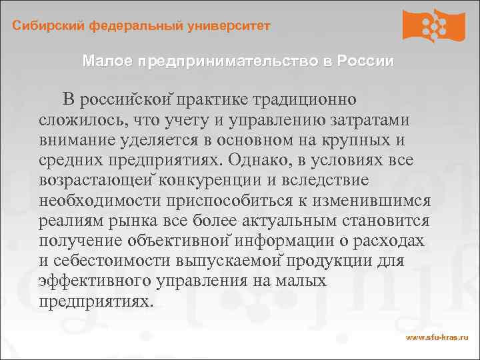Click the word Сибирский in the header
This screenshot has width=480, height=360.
pos(39,27)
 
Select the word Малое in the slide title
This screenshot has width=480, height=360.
pos(107,62)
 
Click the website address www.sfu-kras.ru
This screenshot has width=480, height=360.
pos(437,339)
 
